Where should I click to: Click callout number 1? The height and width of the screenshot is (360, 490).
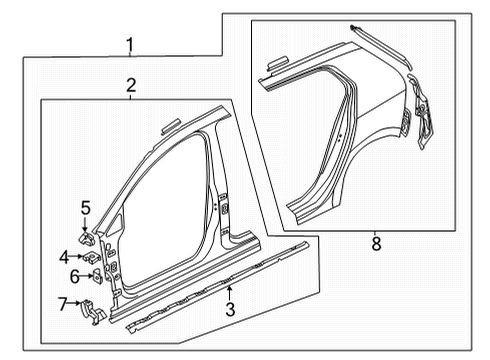tap(130, 46)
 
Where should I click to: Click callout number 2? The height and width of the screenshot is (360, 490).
tap(131, 85)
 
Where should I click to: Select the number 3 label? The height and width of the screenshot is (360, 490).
tap(230, 309)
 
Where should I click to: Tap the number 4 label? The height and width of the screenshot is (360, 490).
tap(64, 257)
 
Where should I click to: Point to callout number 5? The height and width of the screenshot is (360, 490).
tap(86, 208)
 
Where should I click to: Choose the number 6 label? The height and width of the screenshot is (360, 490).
tap(75, 276)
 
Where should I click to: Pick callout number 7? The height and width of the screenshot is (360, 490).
tap(63, 304)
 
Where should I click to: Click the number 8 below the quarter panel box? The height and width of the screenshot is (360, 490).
tap(376, 243)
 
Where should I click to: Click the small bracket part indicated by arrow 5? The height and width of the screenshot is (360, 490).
tap(86, 239)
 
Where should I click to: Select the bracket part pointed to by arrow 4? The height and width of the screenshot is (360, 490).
tap(91, 258)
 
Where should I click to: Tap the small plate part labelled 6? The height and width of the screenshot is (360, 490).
tap(98, 276)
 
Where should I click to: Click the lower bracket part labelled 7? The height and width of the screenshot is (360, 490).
tap(93, 312)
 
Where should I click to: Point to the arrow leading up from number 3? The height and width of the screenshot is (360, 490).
tap(229, 293)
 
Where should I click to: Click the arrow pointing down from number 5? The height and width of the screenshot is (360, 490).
tap(85, 224)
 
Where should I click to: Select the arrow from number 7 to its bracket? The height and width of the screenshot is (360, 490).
tap(74, 303)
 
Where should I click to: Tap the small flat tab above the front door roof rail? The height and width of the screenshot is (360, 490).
tap(171, 127)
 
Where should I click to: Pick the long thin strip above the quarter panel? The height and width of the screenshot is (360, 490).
tap(381, 46)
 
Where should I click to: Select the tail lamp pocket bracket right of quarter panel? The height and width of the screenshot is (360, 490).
tap(421, 112)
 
